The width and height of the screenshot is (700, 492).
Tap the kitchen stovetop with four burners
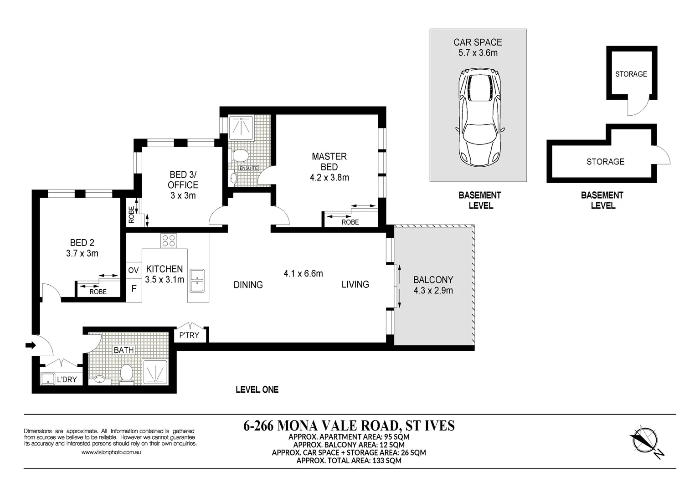(x=169, y=241)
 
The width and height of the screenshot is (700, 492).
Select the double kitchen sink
(x=197, y=280)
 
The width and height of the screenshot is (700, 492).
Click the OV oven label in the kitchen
(x=133, y=271)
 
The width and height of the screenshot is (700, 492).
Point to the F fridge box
(x=134, y=289)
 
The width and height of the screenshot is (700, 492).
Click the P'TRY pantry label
(x=189, y=335)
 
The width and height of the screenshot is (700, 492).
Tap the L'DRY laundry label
(x=67, y=379)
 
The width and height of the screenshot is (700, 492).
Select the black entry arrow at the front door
(x=31, y=346)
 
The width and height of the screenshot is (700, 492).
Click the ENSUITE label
(x=248, y=168)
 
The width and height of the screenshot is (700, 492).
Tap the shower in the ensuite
(x=242, y=128)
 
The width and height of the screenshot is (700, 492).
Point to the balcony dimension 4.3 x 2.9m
(x=433, y=291)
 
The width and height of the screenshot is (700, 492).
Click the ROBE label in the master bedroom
(x=350, y=222)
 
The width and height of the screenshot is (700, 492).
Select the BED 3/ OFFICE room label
(x=183, y=180)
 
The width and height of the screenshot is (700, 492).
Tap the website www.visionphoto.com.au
(x=111, y=452)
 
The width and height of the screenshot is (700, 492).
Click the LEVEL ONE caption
(x=257, y=389)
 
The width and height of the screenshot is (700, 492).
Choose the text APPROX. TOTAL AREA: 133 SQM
(x=349, y=461)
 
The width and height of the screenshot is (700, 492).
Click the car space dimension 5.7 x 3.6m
(x=478, y=53)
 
